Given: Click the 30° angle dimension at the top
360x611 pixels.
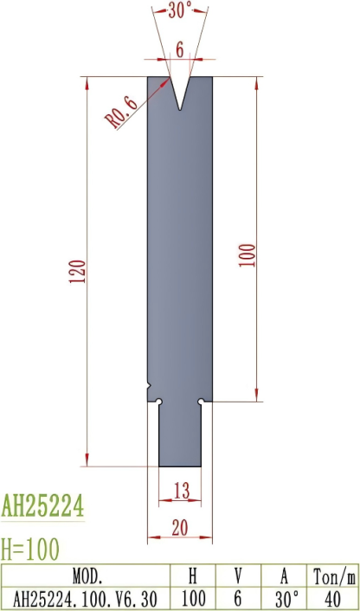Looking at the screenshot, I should [x=179, y=11].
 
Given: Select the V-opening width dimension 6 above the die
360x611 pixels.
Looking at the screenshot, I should [x=180, y=50].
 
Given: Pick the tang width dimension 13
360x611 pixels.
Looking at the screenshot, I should [x=180, y=491].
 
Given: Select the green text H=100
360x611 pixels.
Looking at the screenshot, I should [x=32, y=548].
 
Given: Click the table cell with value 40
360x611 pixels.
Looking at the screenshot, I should [x=332, y=597].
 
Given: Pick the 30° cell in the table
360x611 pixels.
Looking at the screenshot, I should [x=285, y=597].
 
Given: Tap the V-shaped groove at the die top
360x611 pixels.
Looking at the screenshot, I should [x=180, y=91].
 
